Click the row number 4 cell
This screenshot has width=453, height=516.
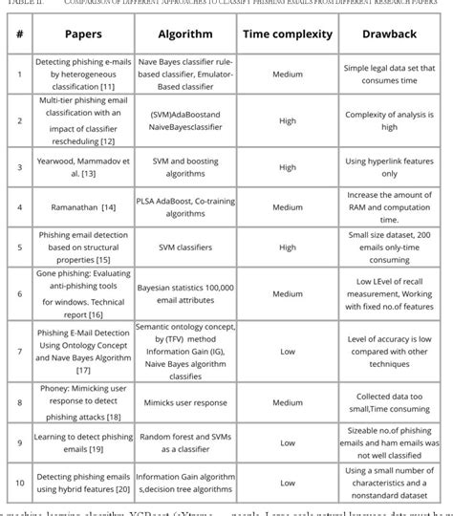coord(18,205)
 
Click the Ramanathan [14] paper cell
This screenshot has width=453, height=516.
coord(82,205)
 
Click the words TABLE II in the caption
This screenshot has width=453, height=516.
coord(18,4)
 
